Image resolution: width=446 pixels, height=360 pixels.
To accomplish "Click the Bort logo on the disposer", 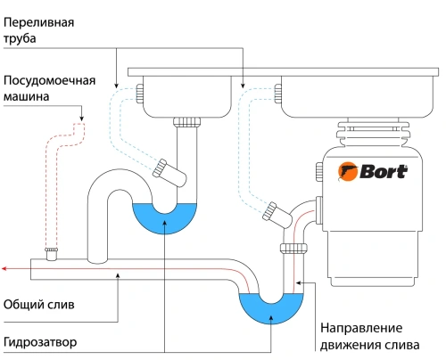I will coord(376,170).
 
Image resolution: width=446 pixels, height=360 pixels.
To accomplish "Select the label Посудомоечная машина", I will coord(48,86).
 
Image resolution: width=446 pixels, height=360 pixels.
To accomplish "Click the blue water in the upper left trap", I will coord(164,219).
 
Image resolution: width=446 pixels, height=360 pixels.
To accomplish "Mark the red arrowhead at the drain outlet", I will coord(5,266).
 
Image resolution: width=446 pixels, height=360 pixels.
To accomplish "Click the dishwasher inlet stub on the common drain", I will coord(52,254).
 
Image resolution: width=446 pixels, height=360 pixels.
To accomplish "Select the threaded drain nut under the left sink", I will coord(186,121).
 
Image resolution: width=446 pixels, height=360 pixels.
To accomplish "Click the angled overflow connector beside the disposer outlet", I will coord(271,212).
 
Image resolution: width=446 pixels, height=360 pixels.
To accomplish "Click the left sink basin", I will coord(186,94).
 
